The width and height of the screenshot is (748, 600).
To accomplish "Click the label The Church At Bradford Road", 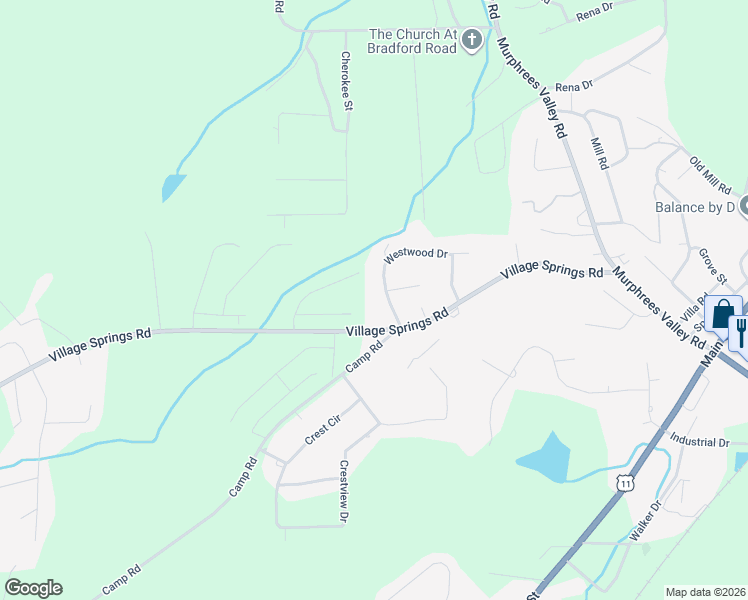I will coord(411,40).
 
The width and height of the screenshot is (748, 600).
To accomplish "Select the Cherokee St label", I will coord(345,80).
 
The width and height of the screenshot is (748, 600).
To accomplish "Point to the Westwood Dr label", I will coord(416,255).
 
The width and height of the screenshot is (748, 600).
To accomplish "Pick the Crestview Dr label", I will coord(343,492).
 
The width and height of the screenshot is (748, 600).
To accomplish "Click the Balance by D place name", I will coord(694,207).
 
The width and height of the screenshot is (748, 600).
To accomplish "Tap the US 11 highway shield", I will coord(626,483).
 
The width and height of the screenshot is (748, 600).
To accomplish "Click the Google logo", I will coord(33,587).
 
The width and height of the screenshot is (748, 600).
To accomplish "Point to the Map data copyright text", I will coord(706,592).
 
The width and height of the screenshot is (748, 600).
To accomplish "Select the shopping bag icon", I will coord(722,314).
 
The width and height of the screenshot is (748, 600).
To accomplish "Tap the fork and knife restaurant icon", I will coord(742,331).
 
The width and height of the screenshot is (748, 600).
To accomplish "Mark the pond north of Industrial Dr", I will coord(545,457).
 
